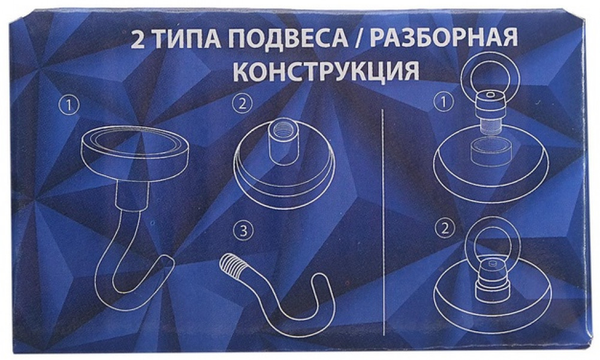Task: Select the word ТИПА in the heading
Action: tap(182, 40)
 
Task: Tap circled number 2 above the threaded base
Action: tap(242, 103)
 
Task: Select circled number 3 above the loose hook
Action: tap(244, 231)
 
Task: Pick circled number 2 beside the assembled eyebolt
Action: tap(445, 228)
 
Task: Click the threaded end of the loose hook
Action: tap(233, 265)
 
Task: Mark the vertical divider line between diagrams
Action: tap(384, 222)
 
